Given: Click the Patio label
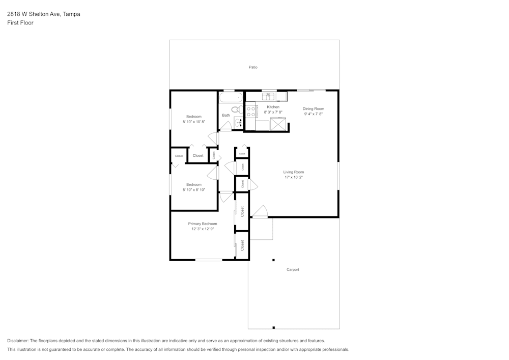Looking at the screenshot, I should [253, 67].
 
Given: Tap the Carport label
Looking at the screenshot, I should [293, 269].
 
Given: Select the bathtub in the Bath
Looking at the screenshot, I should [231, 98].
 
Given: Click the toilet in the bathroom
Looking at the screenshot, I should [236, 109].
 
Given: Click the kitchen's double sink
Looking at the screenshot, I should [268, 96].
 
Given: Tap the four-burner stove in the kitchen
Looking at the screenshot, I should [250, 111].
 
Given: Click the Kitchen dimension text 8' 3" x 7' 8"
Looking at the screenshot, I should [273, 112].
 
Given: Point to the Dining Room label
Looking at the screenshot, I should [313, 108].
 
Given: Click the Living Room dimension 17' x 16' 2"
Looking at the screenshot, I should [293, 177].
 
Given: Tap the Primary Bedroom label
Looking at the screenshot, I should [203, 224].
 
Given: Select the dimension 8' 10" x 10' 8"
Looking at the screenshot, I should [194, 122].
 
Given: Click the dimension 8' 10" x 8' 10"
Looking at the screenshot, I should [194, 189].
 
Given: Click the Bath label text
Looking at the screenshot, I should [225, 115].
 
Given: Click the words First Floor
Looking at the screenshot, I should [20, 23].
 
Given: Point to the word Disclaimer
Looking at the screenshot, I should [18, 341].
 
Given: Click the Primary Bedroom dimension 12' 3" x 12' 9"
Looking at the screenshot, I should [203, 229].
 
